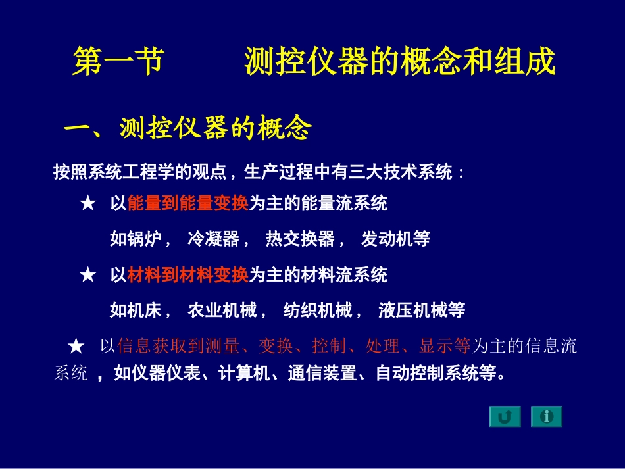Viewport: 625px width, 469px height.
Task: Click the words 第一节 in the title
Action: tap(117, 62)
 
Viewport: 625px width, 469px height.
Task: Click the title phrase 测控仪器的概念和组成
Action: tap(399, 62)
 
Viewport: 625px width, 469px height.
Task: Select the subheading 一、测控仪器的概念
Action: tap(187, 129)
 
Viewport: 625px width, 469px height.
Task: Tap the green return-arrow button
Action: tap(505, 416)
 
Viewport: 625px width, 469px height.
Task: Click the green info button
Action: tap(547, 416)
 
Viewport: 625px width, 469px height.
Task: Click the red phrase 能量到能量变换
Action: tap(187, 204)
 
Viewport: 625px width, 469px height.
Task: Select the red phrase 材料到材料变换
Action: tap(187, 274)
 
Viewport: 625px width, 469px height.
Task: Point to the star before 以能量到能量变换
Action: tap(87, 205)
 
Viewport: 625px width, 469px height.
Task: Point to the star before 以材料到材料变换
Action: tap(87, 275)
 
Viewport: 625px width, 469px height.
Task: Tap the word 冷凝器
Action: tap(213, 239)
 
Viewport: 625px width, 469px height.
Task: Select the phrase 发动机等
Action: tap(395, 239)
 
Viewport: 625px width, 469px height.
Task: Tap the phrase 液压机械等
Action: tap(422, 310)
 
